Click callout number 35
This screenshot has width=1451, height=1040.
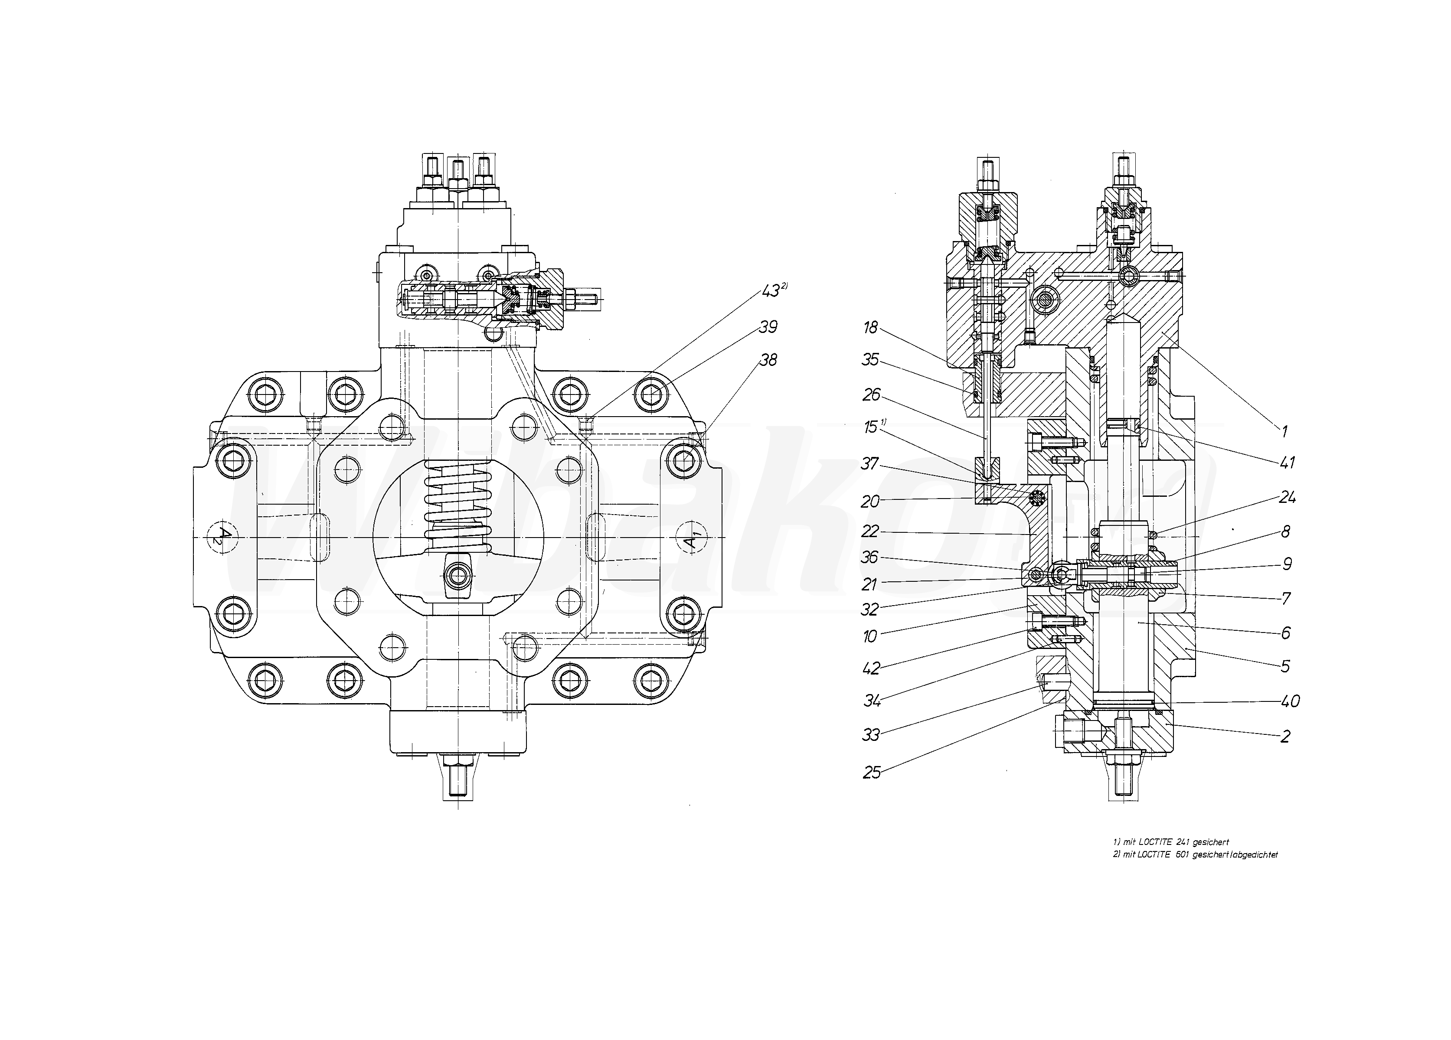coord(870,360)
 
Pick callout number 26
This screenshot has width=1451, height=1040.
coord(871,394)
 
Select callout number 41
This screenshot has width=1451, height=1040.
coord(1287,463)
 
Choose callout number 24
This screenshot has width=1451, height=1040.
coord(1287,497)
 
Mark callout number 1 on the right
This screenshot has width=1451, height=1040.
coord(1283,431)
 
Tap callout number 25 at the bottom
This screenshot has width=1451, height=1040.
coord(871,773)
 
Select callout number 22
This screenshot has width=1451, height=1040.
coord(870,531)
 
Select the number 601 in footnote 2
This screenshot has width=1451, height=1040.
coord(1183,854)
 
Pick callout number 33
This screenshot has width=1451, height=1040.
coord(871,735)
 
